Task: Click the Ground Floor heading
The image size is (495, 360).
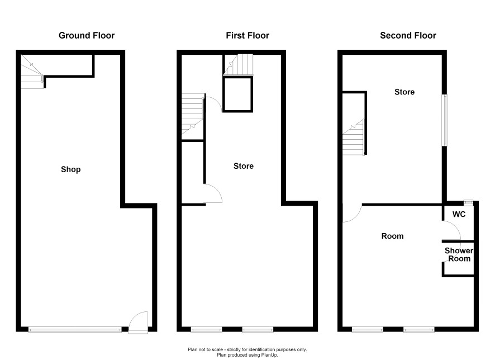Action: click(x=87, y=35)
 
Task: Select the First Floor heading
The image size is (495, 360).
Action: click(x=247, y=35)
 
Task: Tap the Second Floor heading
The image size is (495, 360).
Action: click(x=408, y=35)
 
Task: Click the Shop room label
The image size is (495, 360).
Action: click(x=71, y=169)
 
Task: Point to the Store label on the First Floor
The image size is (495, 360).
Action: click(x=244, y=166)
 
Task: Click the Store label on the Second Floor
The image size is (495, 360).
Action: click(x=404, y=92)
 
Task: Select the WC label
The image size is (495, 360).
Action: click(x=459, y=215)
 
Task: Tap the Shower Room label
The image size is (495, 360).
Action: click(x=459, y=254)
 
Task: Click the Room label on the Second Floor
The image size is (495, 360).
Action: click(x=392, y=236)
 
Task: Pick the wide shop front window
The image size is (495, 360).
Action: click(x=75, y=329)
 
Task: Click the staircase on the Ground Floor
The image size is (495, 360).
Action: click(x=32, y=72)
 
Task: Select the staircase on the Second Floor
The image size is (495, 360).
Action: click(x=354, y=138)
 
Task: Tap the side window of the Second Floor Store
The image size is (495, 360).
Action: click(x=445, y=120)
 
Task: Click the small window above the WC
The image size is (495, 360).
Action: click(x=469, y=202)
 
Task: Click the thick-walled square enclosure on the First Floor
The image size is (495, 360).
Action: click(x=237, y=94)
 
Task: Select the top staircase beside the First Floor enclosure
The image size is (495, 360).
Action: click(x=239, y=65)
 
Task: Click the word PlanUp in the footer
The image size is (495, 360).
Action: click(x=269, y=355)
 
